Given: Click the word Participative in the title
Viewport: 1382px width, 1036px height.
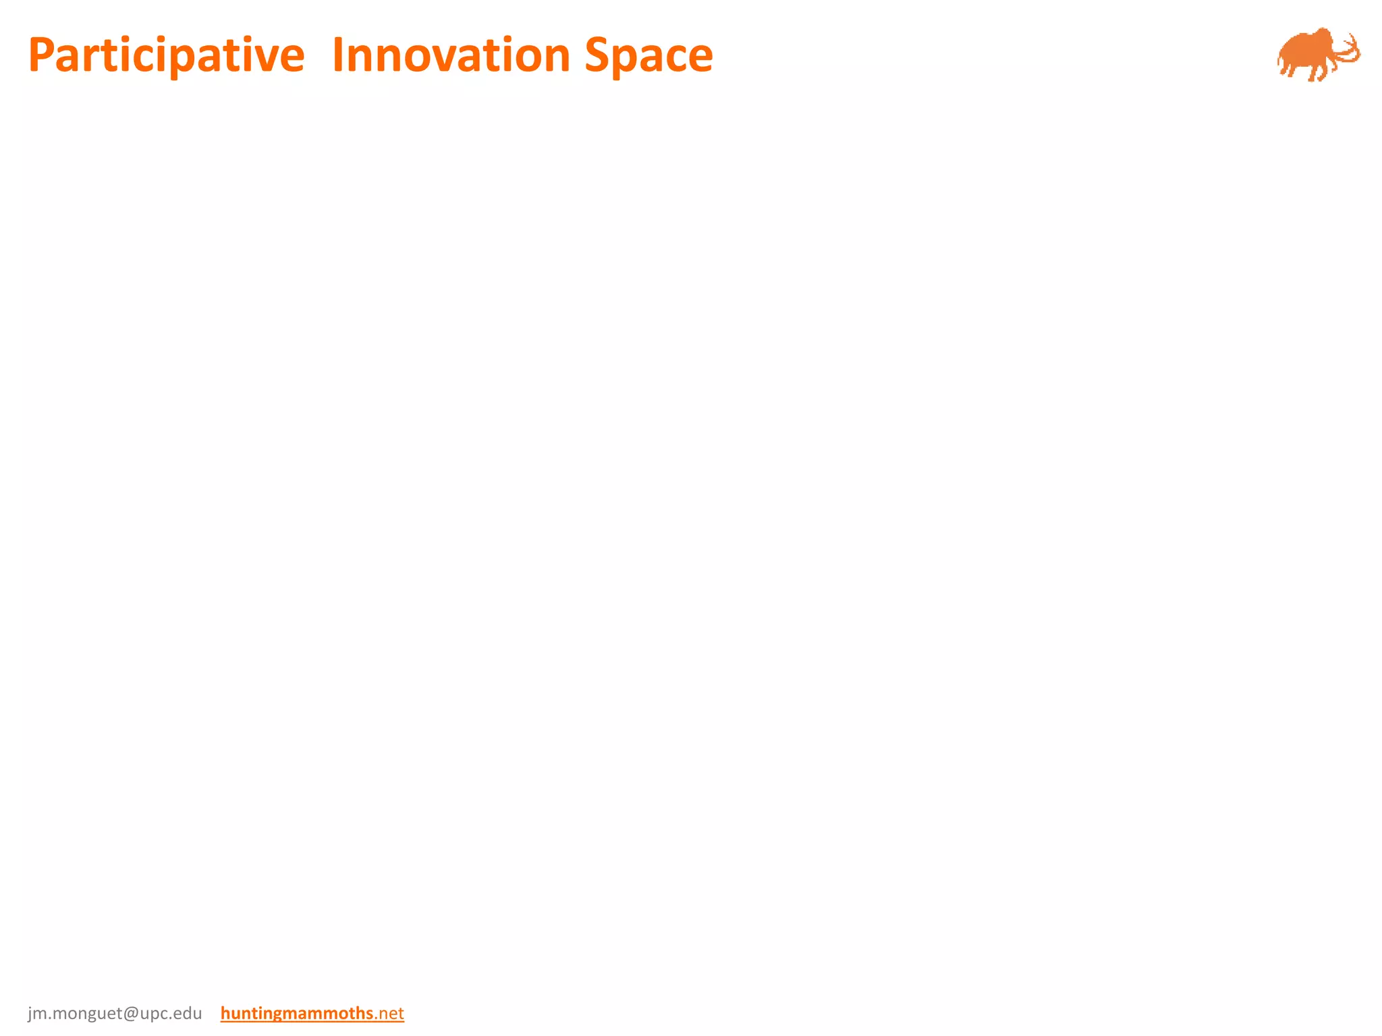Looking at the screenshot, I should pos(166,55).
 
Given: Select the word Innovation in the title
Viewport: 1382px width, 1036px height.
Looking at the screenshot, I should pos(451,55).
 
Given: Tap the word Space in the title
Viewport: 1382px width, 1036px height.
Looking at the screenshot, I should pos(648,55).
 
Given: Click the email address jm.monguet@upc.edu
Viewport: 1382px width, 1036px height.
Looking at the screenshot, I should pos(115,1013).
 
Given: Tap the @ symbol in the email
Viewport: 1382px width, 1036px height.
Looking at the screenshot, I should pos(131,1013).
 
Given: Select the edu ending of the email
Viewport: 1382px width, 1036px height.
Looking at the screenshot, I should pos(187,1013).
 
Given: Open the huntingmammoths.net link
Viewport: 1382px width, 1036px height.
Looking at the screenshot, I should pos(312,1013).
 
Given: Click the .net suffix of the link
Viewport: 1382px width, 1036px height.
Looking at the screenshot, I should pos(389,1013).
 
